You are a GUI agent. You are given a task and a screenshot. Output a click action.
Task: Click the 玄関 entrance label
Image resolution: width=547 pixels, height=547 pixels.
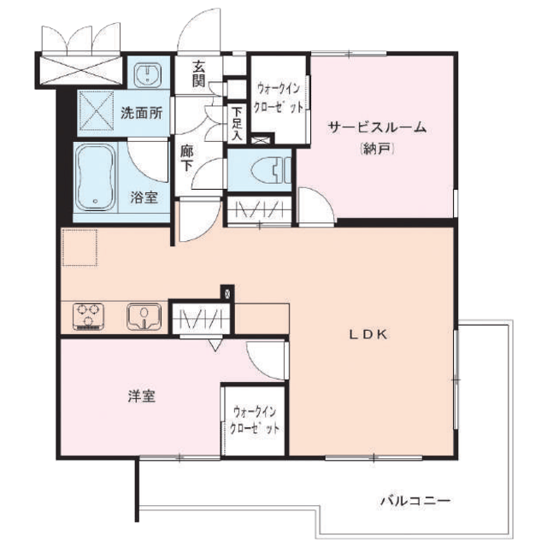pos(199,74)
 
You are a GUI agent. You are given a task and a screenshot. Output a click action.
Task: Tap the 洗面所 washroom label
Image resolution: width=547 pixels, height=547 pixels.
pos(142,113)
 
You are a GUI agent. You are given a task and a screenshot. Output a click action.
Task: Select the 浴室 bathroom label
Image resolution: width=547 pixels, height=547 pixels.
pos(144,197)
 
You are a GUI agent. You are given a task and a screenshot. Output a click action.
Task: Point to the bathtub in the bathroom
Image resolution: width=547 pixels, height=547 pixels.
pos(96,179)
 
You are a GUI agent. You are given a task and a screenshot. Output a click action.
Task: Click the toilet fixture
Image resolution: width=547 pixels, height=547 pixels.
pos(271,170)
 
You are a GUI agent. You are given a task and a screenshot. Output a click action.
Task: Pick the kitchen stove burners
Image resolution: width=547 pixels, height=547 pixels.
pos(89,317)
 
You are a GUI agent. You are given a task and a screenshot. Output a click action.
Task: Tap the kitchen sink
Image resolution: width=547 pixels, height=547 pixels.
pos(144,317)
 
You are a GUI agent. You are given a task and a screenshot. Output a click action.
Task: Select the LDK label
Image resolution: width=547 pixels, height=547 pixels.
pos(368,335)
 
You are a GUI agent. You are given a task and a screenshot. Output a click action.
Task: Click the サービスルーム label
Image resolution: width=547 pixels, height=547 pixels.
pos(377,127)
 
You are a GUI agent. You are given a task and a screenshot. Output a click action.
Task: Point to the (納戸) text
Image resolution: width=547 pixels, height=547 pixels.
pos(377,150)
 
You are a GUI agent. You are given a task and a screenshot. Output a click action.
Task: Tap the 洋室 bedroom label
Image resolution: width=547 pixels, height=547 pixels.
pos(142,397)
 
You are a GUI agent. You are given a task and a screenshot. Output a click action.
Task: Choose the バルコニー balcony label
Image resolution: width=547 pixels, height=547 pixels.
pos(415,502)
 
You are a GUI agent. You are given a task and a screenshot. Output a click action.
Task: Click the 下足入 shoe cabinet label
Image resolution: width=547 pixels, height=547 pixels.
pos(237,124)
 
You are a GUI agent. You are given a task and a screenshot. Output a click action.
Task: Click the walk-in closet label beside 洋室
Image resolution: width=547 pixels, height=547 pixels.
pos(255,420)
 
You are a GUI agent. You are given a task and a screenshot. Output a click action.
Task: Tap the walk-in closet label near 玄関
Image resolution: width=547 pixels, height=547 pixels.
pos(279,98)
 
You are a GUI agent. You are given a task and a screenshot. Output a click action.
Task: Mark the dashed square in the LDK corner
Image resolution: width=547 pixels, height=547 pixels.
pos(79,247)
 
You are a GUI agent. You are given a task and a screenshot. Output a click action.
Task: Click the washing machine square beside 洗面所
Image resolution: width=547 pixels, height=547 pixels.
pos(97,110)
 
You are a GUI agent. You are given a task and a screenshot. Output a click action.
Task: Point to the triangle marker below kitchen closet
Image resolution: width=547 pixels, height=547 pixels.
pos(216,345)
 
